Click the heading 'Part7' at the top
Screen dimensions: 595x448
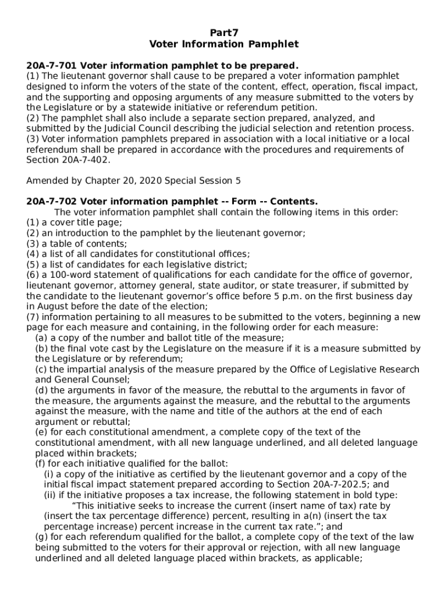pyautogui.click(x=223, y=33)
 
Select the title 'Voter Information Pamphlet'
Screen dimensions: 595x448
pyautogui.click(x=223, y=44)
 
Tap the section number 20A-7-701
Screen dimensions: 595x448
pyautogui.click(x=53, y=65)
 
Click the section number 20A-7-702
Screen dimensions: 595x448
pyautogui.click(x=53, y=202)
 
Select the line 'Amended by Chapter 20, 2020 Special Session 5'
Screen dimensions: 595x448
pyautogui.click(x=133, y=181)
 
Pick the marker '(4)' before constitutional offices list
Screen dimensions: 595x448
pyautogui.click(x=33, y=254)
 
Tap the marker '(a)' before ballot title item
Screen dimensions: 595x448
pyautogui.click(x=41, y=338)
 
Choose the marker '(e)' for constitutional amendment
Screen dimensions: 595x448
pyautogui.click(x=41, y=432)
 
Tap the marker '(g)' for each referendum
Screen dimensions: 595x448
pyautogui.click(x=41, y=537)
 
